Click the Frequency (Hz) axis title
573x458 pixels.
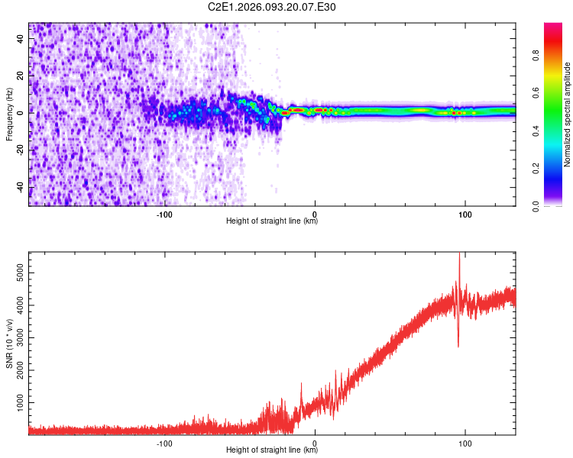[x=9, y=114]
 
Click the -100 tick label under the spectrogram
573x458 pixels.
[x=165, y=214]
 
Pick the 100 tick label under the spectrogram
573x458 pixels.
[x=465, y=214]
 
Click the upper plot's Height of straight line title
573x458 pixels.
[x=272, y=221]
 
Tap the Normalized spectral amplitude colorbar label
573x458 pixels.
[x=568, y=114]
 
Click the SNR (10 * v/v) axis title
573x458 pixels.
[x=9, y=343]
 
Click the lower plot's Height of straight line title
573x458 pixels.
[x=272, y=450]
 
